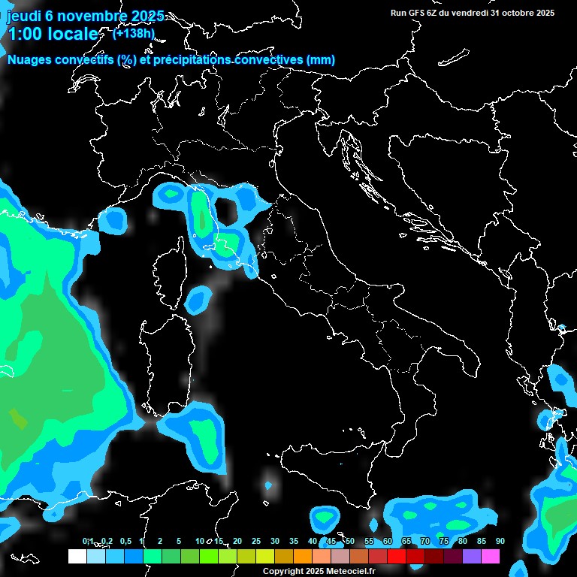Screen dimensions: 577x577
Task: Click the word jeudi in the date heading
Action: [24, 16]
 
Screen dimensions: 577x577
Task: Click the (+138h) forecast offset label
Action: [133, 33]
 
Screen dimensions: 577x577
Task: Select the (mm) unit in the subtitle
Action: [321, 60]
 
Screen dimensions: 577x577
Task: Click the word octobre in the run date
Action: [513, 13]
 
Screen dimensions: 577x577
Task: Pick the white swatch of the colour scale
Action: [77, 557]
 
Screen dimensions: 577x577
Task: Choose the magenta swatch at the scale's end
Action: [491, 557]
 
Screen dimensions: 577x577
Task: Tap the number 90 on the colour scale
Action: [500, 542]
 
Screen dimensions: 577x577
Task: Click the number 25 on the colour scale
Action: [256, 542]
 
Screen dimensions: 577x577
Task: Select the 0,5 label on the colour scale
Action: [125, 542]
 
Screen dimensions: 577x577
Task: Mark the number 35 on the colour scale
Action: [294, 542]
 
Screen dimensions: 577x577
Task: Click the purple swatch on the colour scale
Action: [472, 557]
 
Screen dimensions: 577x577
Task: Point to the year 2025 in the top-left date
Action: [142, 16]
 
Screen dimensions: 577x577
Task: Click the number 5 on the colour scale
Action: [179, 542]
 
